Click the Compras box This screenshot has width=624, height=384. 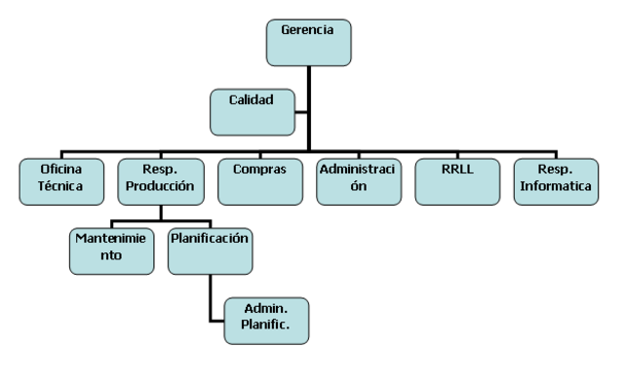[258, 179]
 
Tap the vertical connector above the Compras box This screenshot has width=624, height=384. [258, 148]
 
